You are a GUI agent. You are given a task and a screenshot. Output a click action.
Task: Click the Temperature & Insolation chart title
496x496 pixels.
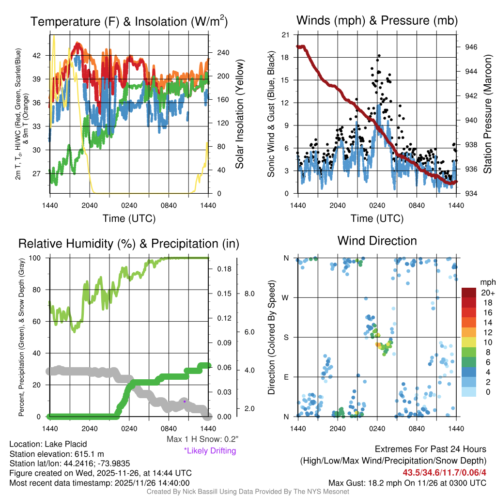[x=129, y=22]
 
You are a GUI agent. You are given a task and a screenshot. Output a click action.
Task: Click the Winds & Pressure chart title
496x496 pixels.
[x=377, y=21]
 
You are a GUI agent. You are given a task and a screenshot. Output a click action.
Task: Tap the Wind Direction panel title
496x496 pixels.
[x=377, y=241]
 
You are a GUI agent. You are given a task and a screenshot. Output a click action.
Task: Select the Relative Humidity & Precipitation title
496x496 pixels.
[x=128, y=244]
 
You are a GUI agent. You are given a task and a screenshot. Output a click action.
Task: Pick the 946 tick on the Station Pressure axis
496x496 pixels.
[x=471, y=47]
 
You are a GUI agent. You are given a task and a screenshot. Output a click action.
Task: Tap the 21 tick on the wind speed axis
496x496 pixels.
[x=286, y=35]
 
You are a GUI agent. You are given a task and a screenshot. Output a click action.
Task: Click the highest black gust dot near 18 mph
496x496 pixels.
[x=379, y=56]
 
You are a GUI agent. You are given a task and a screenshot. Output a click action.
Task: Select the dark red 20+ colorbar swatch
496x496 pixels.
[x=469, y=293]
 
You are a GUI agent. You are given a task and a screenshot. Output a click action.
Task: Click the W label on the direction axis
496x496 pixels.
[x=286, y=297]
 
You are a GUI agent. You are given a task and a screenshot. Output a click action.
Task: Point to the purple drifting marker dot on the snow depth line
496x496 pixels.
[x=185, y=401]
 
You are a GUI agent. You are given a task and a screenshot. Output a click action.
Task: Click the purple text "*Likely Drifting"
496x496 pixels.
[x=210, y=450]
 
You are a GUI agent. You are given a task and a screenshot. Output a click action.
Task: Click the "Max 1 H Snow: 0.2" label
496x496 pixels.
[x=202, y=439]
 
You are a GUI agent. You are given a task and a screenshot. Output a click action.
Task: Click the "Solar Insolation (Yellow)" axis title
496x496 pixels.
[x=239, y=114]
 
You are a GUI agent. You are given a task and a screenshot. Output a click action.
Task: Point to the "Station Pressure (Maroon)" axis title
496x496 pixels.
[x=487, y=114]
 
